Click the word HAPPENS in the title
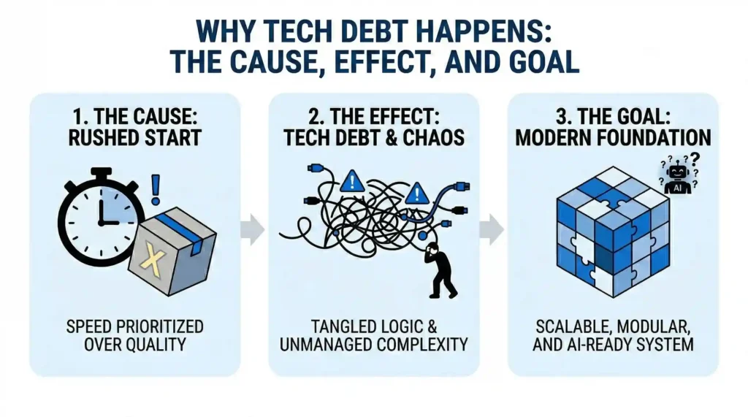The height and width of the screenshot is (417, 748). [x=489, y=31]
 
